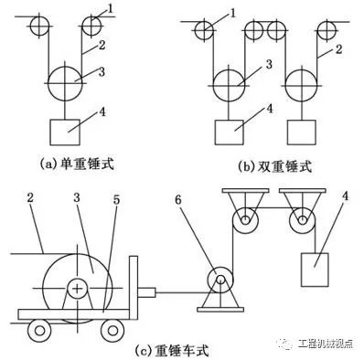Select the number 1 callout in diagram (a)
click(x=111, y=9)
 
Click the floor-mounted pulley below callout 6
click(x=219, y=280)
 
